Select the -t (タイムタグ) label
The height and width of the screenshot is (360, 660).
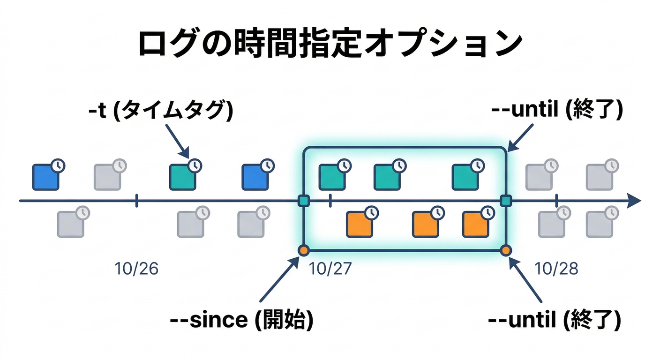click(x=161, y=113)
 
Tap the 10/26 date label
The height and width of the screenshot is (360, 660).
click(x=136, y=269)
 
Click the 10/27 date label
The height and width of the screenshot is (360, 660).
click(x=331, y=269)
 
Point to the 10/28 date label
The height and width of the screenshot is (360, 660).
click(x=556, y=269)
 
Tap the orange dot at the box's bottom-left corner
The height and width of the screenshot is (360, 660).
click(x=303, y=250)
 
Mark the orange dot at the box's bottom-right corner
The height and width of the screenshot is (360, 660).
click(x=505, y=250)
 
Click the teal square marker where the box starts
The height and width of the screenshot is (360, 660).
click(x=304, y=201)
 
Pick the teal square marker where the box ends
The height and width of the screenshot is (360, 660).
click(x=505, y=201)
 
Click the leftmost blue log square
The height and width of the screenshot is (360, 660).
click(x=45, y=177)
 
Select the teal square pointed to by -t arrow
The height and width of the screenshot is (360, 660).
click(x=182, y=177)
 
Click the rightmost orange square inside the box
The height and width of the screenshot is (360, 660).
click(x=476, y=224)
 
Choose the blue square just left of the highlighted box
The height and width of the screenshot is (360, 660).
click(x=255, y=177)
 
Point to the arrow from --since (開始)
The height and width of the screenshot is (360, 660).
click(x=278, y=280)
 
